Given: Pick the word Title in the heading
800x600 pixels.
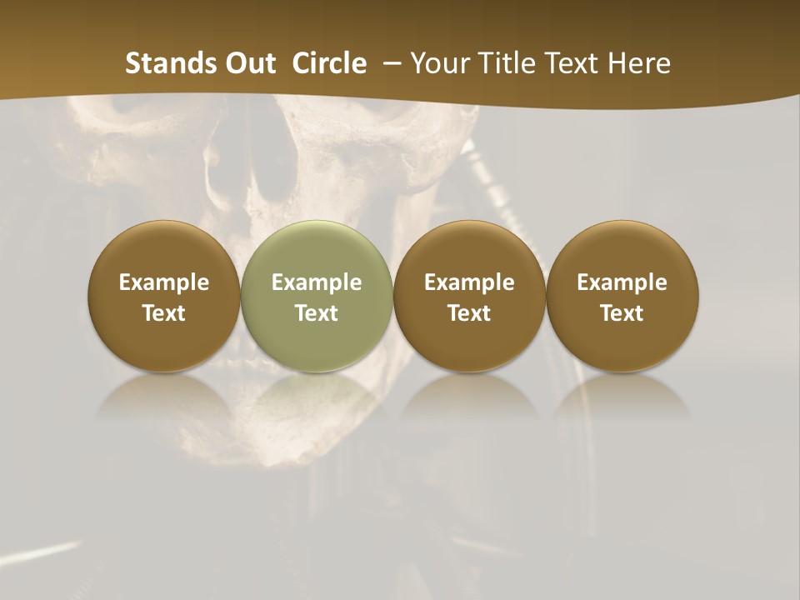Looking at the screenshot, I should click(x=504, y=63).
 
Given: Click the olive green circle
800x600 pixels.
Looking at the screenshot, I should click(x=317, y=297).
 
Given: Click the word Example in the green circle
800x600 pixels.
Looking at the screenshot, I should click(x=317, y=282).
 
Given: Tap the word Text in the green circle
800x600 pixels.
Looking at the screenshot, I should click(x=317, y=313).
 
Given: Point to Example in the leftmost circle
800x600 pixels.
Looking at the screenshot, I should click(x=164, y=282).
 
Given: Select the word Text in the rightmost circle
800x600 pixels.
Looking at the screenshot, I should click(x=622, y=313).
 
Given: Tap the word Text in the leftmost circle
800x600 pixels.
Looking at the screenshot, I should click(x=164, y=313).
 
